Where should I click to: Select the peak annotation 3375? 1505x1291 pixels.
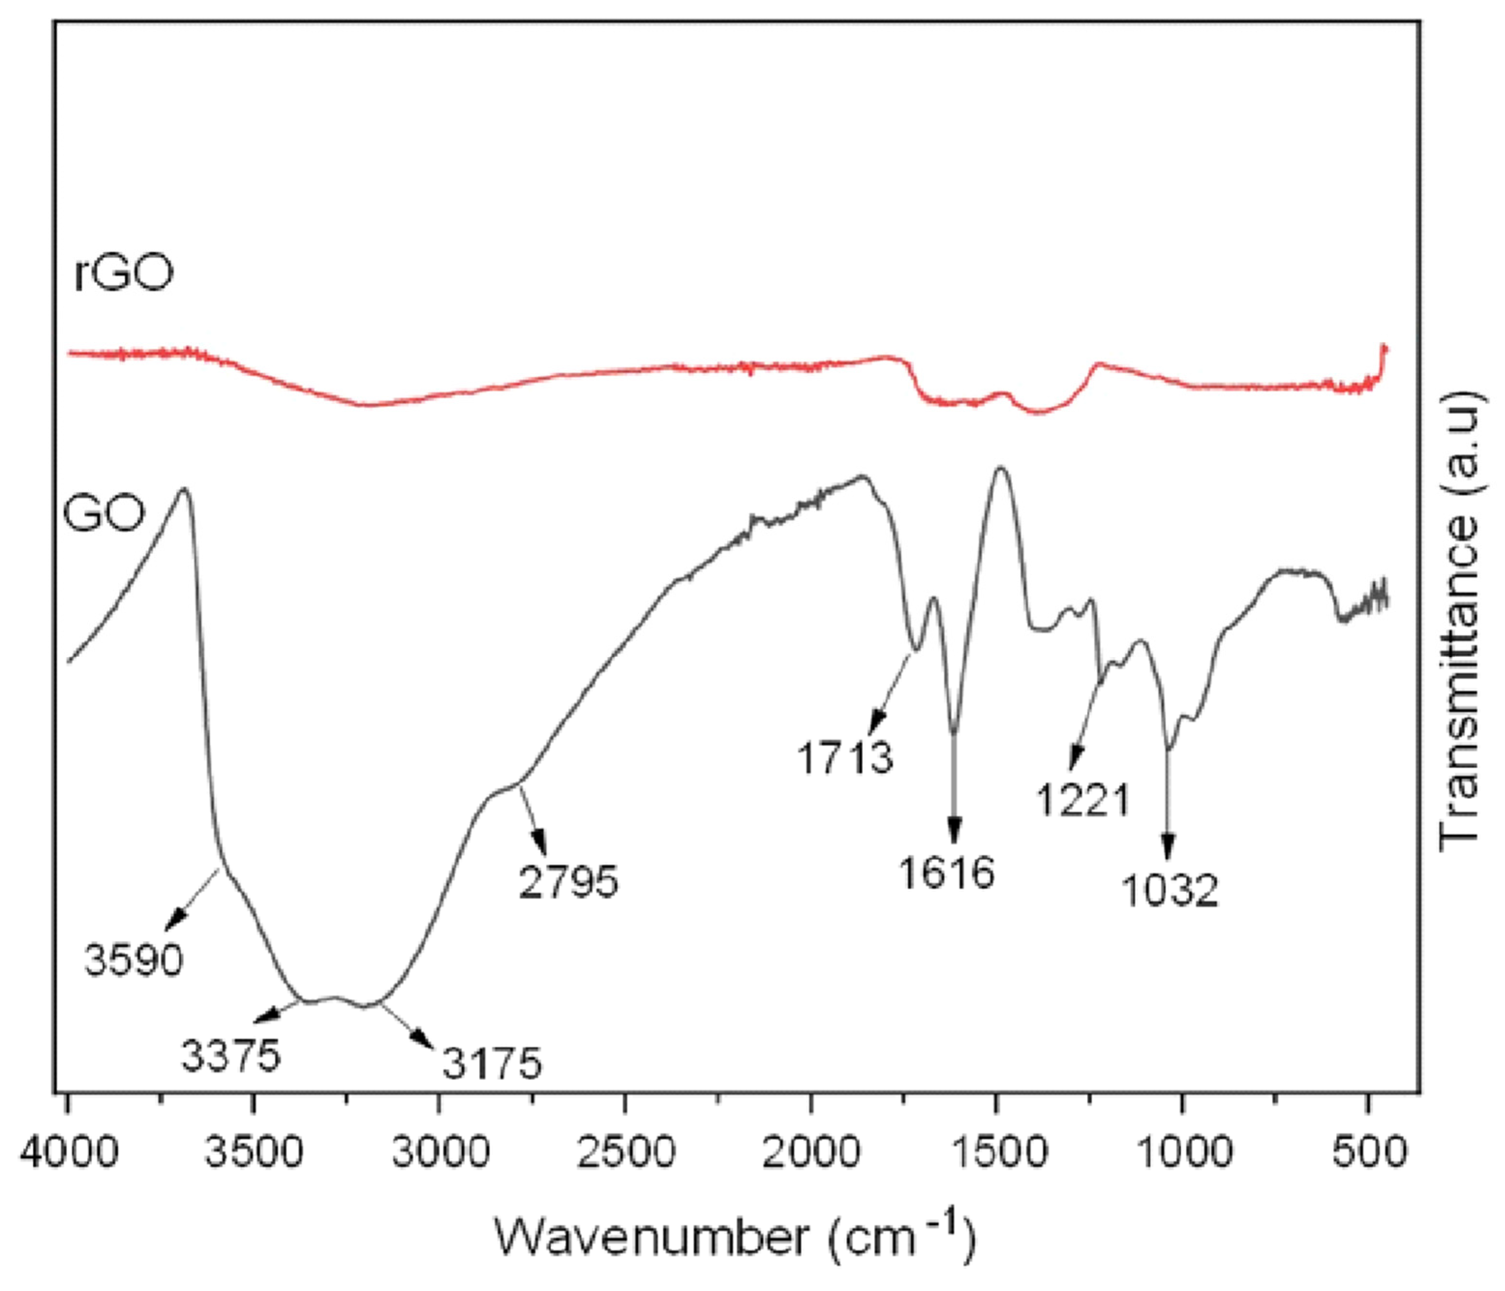pos(231,1054)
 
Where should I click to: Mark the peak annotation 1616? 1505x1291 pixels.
pos(947,872)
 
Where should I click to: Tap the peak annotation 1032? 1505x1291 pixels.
pos(1170,890)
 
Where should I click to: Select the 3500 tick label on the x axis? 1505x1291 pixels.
pos(254,1152)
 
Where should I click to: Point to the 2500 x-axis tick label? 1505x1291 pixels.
pos(625,1152)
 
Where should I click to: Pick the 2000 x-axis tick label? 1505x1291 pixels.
pos(811,1152)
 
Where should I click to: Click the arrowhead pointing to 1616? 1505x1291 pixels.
pos(954,830)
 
